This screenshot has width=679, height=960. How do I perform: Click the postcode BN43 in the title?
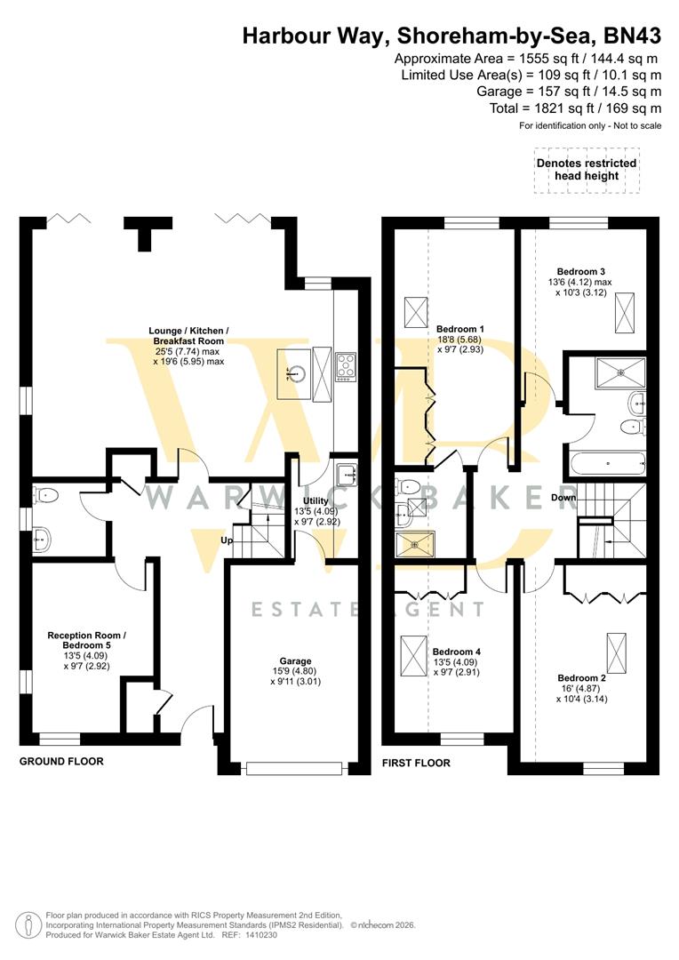click(632, 36)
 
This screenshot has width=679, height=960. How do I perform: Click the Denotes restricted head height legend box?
click(586, 170)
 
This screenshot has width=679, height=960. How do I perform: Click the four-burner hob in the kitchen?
click(346, 366)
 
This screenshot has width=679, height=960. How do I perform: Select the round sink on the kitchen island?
click(292, 373)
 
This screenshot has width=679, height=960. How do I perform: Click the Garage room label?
click(295, 661)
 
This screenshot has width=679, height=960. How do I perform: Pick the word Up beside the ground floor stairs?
click(228, 540)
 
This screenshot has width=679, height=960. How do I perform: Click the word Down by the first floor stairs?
click(563, 498)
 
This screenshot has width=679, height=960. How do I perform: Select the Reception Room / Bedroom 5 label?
click(86, 642)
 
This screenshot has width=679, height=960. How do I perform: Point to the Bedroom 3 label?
click(581, 271)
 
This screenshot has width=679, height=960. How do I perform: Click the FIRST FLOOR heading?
click(416, 763)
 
